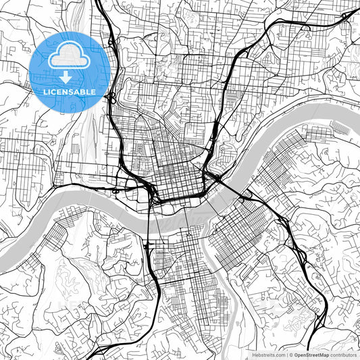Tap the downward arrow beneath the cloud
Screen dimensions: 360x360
[65, 78]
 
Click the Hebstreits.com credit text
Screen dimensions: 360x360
[268, 355]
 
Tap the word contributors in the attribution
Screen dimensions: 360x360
[342, 355]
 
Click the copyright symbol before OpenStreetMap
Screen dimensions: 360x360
[290, 355]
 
